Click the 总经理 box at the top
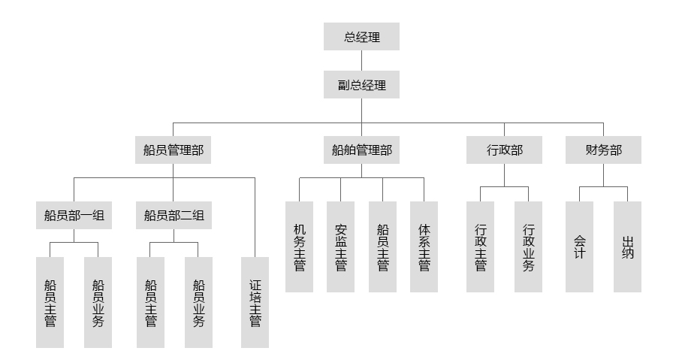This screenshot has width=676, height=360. [x=361, y=36]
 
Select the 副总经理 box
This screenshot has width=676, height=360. [x=361, y=85]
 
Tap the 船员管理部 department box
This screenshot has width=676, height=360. [x=173, y=150]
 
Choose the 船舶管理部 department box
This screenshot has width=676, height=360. [x=361, y=150]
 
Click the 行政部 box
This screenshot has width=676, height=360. [x=505, y=150]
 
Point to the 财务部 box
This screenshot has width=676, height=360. [x=604, y=150]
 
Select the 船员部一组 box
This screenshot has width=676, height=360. [x=74, y=216]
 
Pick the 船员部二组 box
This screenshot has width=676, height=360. [x=174, y=216]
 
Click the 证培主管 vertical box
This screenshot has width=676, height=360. [x=255, y=302]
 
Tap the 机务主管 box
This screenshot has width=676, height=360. [x=300, y=247]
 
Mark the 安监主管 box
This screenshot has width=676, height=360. [x=341, y=247]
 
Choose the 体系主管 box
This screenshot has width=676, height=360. [x=424, y=247]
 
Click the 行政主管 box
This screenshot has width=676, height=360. [x=481, y=247]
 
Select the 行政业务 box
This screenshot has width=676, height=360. [x=529, y=247]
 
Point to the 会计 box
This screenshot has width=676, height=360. [x=579, y=247]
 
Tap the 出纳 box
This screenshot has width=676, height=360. [x=628, y=247]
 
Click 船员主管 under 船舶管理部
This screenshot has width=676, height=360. [x=382, y=247]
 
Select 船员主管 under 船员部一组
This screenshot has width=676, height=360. [x=50, y=302]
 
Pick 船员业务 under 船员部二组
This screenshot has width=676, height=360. [x=198, y=302]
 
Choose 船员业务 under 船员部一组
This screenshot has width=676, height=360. [x=98, y=302]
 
